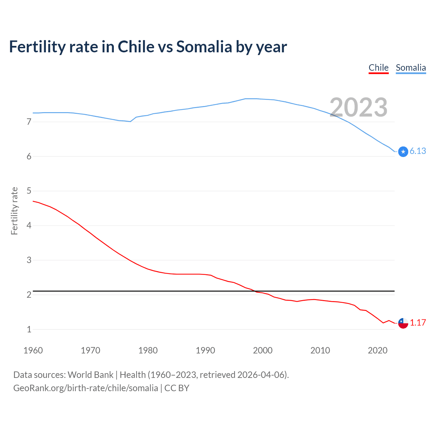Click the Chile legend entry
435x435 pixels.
379,68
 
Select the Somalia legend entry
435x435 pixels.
411,68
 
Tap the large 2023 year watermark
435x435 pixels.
359,107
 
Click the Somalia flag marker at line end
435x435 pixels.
403,152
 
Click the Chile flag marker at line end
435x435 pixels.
403,323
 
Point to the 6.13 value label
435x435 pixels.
418,151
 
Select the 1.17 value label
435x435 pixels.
418,323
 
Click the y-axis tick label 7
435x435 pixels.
29,122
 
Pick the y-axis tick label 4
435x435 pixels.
29,225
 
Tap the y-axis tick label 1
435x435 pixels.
29,329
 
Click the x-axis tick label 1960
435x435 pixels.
33,350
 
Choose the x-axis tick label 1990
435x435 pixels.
205,350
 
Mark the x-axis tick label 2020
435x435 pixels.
378,350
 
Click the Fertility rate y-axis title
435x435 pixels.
14,211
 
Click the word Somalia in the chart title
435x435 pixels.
204,47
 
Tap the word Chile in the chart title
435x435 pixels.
136,47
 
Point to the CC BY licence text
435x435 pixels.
177,388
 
